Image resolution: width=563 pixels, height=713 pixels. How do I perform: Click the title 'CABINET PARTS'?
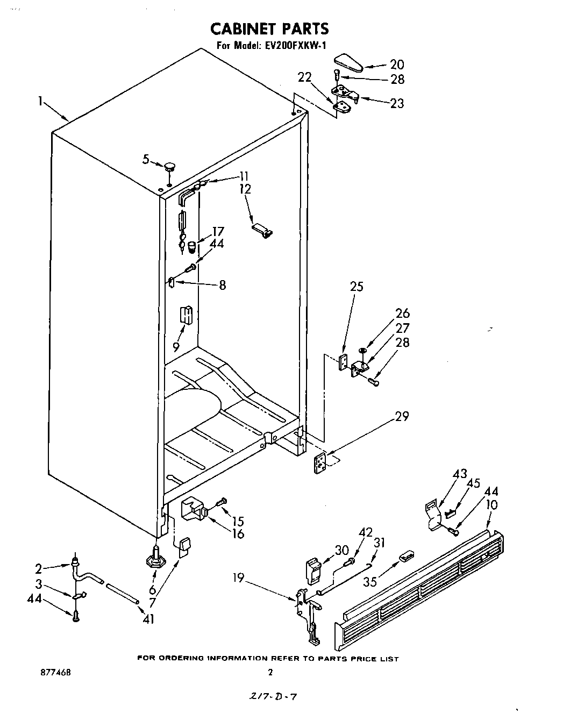pyautogui.click(x=269, y=28)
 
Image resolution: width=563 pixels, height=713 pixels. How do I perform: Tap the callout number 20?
pyautogui.click(x=396, y=65)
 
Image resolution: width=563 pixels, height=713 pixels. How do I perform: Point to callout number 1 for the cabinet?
pyautogui.click(x=41, y=101)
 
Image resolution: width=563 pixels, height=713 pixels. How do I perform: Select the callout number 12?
pyautogui.click(x=245, y=189)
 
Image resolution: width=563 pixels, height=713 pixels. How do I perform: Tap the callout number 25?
pyautogui.click(x=356, y=287)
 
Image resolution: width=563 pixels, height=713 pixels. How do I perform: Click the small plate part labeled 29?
pyautogui.click(x=322, y=463)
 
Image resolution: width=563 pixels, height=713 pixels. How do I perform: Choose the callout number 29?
pyautogui.click(x=402, y=416)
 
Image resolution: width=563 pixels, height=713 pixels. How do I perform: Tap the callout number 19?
pyautogui.click(x=238, y=579)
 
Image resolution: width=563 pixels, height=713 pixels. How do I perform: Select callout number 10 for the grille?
pyautogui.click(x=491, y=505)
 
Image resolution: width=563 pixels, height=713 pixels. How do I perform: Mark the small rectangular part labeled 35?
pyautogui.click(x=405, y=555)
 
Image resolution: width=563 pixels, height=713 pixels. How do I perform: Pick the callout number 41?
pyautogui.click(x=148, y=619)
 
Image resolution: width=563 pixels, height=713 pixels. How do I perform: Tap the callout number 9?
pyautogui.click(x=176, y=347)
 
